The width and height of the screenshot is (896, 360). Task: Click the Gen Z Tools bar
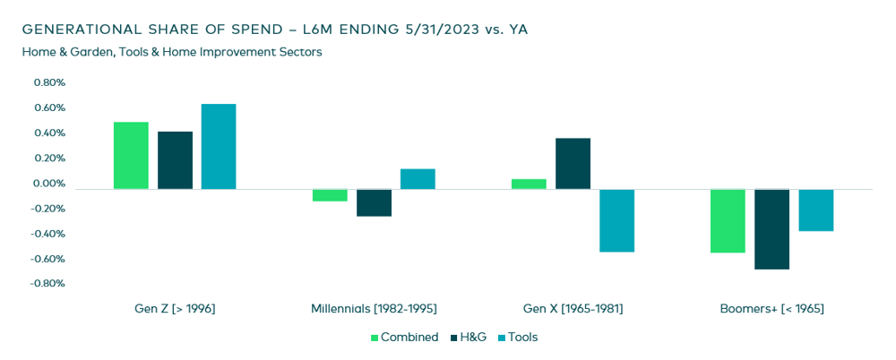(219, 147)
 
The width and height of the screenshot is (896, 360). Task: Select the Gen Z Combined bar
(131, 156)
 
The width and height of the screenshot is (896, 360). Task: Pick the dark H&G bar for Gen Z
(175, 160)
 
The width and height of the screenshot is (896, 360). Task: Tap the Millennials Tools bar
(418, 179)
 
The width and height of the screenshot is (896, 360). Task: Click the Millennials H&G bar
(374, 202)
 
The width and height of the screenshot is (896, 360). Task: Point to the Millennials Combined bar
(330, 195)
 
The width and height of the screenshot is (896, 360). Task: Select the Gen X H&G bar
(573, 164)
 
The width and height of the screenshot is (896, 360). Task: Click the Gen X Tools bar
(616, 220)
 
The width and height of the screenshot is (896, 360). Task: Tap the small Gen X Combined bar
(529, 184)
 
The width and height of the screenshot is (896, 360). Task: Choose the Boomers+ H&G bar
(771, 229)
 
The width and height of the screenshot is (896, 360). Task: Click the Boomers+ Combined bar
(728, 221)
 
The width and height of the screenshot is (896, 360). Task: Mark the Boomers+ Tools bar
(815, 210)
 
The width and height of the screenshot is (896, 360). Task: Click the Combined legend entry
(404, 338)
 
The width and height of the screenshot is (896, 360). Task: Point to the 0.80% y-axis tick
(48, 83)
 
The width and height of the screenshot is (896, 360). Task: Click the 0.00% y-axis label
(48, 184)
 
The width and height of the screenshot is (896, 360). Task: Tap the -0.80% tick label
(47, 284)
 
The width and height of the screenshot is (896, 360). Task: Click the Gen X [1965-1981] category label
(573, 309)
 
